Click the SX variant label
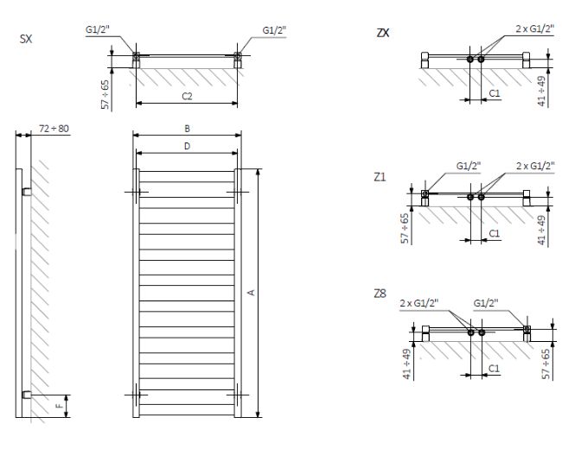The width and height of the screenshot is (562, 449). point(26,39)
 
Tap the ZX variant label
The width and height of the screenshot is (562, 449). point(383,33)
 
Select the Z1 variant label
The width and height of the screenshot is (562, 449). point(380,177)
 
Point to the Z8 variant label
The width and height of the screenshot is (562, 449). point(380,294)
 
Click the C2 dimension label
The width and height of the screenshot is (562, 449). point(187,96)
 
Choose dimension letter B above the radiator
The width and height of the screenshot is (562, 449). point(187,129)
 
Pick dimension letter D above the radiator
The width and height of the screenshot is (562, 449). point(187,146)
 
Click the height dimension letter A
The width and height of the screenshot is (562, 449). point(252,293)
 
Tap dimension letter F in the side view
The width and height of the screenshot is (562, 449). point(60,406)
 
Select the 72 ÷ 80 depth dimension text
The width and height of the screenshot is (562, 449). point(54,129)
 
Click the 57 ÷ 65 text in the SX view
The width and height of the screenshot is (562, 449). point(105,94)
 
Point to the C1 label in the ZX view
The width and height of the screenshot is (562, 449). point(495,93)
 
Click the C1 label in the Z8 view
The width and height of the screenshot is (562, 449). point(494,368)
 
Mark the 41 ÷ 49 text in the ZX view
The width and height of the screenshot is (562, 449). point(541,91)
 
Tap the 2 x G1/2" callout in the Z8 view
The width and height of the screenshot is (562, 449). point(419,303)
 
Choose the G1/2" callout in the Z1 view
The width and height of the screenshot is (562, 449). point(468,166)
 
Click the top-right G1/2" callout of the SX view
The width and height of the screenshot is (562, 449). point(275,30)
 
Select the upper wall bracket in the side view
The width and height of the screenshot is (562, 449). point(27,192)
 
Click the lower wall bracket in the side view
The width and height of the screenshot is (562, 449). point(27,395)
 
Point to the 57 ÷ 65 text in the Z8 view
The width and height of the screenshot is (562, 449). point(546,364)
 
